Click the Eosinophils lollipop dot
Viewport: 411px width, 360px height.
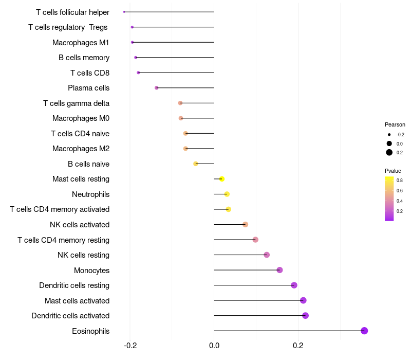pos(364,331)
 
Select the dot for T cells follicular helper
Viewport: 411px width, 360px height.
pos(124,12)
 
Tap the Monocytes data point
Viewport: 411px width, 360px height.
pos(279,270)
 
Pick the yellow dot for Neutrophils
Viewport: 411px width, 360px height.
pos(227,194)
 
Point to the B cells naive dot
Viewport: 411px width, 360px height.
pos(195,164)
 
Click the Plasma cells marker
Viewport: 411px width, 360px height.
pos(157,88)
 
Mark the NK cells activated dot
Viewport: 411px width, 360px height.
pos(245,224)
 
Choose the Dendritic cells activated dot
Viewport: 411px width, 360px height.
pos(305,315)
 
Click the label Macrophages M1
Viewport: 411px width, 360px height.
pos(81,43)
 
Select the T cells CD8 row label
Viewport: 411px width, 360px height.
pos(90,73)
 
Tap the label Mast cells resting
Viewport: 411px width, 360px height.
pos(81,179)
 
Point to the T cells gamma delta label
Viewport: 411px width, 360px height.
pos(76,103)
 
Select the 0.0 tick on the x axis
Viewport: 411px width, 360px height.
pos(214,346)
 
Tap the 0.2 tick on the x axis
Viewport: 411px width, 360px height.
pos(298,346)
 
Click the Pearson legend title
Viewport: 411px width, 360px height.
pos(395,124)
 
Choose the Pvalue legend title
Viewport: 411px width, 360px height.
pos(393,171)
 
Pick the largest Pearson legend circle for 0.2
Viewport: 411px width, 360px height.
pos(389,152)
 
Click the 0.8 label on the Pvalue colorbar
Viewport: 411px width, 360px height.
pos(399,181)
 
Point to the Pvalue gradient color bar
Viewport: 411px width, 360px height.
pos(389,199)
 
